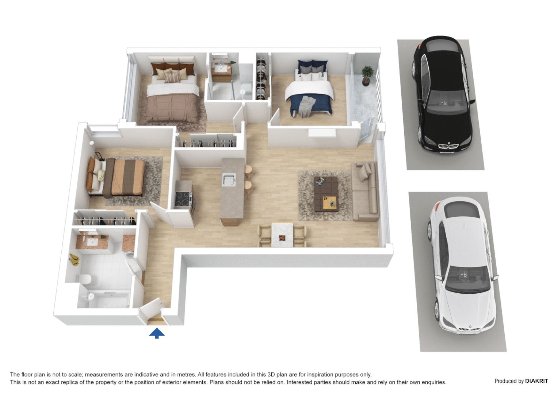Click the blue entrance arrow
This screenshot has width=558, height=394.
(157, 333)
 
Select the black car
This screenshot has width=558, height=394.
(442, 95)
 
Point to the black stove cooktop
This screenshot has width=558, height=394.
(183, 199)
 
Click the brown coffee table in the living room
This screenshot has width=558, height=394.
(325, 194)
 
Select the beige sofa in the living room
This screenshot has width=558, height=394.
(364, 192)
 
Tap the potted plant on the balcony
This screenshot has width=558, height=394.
(367, 75)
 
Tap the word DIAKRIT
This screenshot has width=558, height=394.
(536, 381)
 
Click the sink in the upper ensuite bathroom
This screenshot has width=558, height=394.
(220, 68)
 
